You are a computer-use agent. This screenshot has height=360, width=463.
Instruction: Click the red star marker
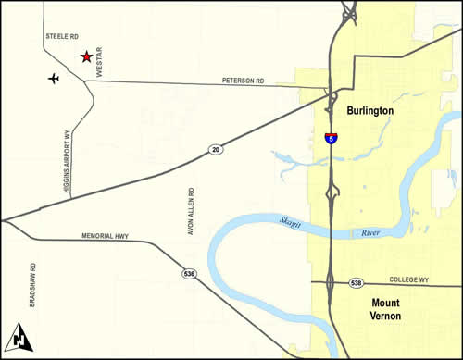coord(86,56)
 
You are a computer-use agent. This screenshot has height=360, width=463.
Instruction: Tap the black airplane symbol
coord(54,78)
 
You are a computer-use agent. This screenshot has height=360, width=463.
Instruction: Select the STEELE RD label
coord(59,36)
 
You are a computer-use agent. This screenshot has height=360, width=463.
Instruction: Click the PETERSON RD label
coord(243,81)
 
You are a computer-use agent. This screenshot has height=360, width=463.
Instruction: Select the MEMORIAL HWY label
coord(105,236)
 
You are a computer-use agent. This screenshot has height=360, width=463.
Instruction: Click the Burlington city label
coord(369,110)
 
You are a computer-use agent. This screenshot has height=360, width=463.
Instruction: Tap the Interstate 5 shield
coord(331,138)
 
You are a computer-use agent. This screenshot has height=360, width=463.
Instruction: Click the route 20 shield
coord(215,148)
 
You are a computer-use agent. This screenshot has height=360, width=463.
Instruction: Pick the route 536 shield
coord(188,275)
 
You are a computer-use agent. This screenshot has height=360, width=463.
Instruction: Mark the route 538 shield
coord(357,282)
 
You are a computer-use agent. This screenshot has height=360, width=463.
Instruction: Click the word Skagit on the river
coord(294,220)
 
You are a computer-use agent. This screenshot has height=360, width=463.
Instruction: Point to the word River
coord(369,233)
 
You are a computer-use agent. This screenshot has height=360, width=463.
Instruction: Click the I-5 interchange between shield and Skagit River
coord(331,192)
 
